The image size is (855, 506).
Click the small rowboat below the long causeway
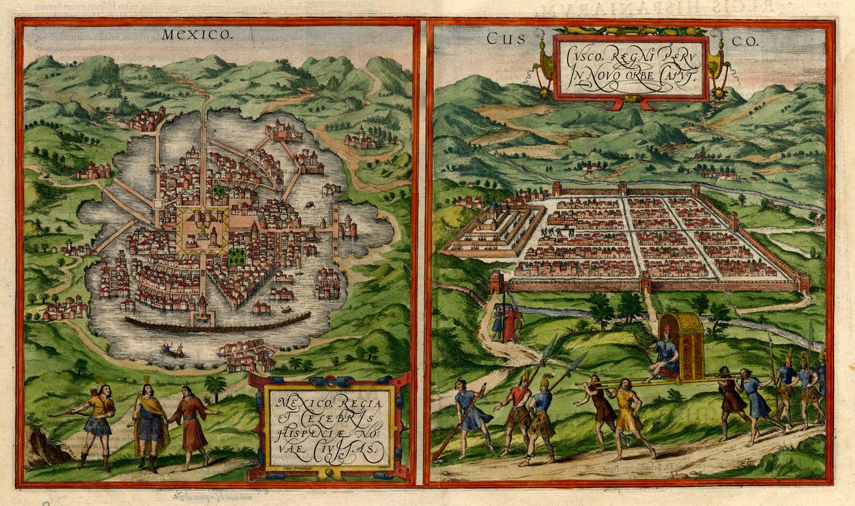(x=174, y=350)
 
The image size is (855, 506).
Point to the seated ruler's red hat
(x=668, y=332)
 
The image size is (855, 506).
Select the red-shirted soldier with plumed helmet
(x=518, y=414)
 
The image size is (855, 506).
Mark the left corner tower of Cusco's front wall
(x=496, y=281)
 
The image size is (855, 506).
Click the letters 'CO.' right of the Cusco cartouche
(x=747, y=41)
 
